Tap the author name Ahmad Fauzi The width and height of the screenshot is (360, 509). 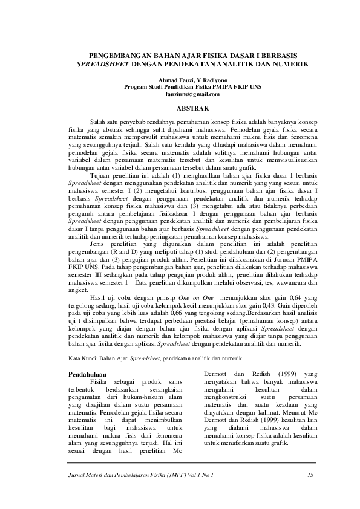coord(174,80)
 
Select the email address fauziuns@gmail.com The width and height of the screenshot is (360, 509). coord(192,94)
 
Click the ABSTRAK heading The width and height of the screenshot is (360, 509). coord(192,108)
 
